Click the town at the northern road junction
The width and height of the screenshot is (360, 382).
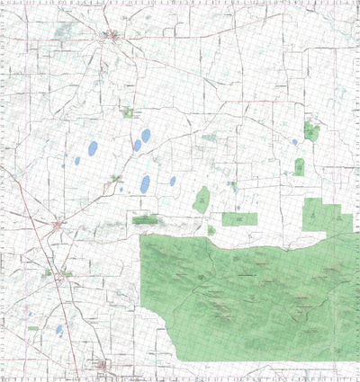(111, 37)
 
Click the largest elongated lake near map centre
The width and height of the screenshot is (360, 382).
(145, 184)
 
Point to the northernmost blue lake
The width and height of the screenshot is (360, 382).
(146, 136)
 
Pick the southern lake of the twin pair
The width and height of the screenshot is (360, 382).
(137, 145)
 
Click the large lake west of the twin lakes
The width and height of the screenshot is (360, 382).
(93, 149)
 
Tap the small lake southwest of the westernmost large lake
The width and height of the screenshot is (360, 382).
(77, 161)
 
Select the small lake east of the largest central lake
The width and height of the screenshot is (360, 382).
(173, 181)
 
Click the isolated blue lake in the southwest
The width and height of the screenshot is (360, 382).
(59, 330)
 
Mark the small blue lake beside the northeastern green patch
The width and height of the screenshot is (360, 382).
(294, 141)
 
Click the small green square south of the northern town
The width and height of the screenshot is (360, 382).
(127, 112)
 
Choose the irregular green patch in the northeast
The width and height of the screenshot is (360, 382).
(311, 131)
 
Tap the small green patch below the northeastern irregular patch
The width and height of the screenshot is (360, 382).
(300, 166)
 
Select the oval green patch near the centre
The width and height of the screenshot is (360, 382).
(201, 200)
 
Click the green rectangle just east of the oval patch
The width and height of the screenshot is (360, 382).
(238, 218)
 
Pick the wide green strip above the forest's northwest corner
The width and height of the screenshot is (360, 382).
(145, 219)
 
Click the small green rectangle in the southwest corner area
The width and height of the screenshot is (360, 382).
(33, 328)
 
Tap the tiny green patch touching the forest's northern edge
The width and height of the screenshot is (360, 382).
(211, 230)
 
